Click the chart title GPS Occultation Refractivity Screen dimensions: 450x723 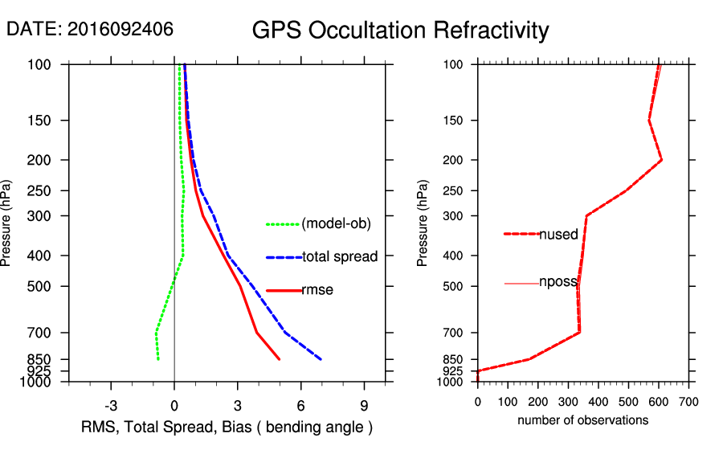click(x=400, y=31)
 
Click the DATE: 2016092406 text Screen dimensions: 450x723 click(x=89, y=29)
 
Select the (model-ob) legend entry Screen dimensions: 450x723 click(x=336, y=224)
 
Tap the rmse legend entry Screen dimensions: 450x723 click(x=317, y=290)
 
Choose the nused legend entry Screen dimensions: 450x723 click(x=558, y=235)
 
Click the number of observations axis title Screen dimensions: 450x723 click(x=582, y=420)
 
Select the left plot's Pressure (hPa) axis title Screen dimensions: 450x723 click(x=7, y=223)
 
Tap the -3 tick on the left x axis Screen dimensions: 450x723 click(x=112, y=405)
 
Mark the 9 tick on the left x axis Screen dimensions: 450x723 click(x=364, y=405)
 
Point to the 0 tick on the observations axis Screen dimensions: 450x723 click(x=478, y=400)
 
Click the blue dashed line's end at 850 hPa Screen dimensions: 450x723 click(x=321, y=359)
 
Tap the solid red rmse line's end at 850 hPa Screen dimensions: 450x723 click(x=280, y=359)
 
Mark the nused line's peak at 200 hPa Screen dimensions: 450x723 click(x=661, y=160)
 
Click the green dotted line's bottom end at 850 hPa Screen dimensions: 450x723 click(x=158, y=359)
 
